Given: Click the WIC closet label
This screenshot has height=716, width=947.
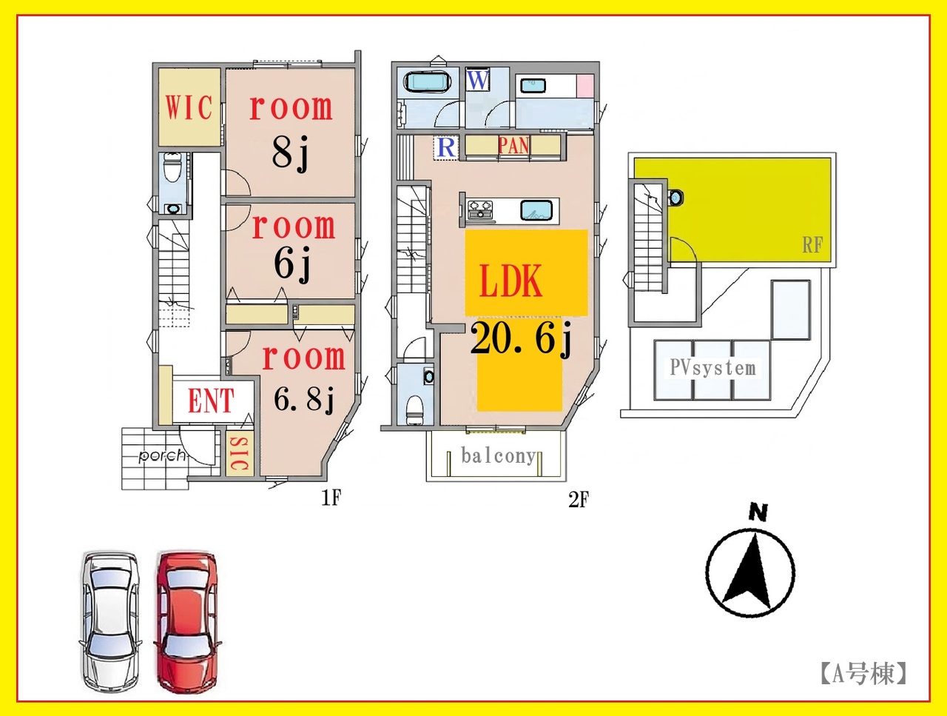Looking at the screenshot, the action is [189, 107].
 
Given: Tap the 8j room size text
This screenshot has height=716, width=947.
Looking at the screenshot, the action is [290, 153].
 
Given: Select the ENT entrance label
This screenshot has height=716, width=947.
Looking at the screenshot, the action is [211, 400].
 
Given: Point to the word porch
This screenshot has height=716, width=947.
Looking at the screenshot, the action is [162, 455].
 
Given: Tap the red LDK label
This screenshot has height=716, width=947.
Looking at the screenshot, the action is [510, 281].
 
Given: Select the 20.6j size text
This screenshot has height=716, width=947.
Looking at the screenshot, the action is [521, 339].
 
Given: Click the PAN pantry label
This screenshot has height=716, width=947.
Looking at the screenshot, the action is [513, 146].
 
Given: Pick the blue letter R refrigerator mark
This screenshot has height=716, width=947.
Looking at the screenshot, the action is [446, 147].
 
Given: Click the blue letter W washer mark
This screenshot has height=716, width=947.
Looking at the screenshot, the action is [478, 80].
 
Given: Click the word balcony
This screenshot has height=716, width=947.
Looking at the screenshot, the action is [499, 456].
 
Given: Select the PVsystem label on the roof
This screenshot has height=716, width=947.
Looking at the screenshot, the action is [712, 368].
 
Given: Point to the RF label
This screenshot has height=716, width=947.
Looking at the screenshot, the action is [812, 245].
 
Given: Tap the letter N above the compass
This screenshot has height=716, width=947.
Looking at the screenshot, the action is [758, 512].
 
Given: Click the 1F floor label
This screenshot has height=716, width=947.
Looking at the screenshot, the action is [331, 498].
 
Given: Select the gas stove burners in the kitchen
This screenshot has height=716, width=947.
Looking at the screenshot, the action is [479, 209].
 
